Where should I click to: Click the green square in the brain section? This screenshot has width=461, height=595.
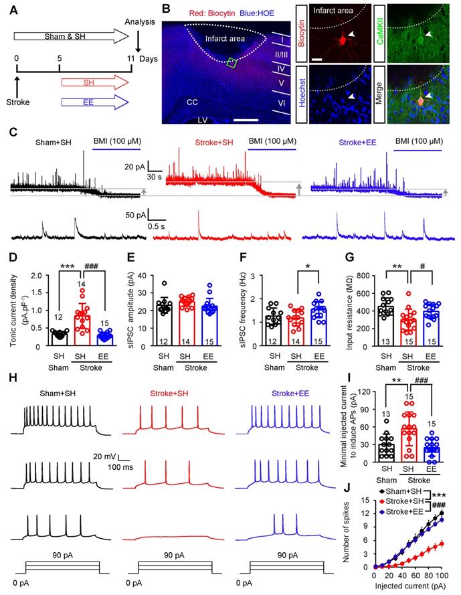coord(232,63)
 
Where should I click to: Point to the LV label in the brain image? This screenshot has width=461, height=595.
coord(201,120)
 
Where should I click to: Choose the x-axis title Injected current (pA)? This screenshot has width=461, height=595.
coord(399,587)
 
